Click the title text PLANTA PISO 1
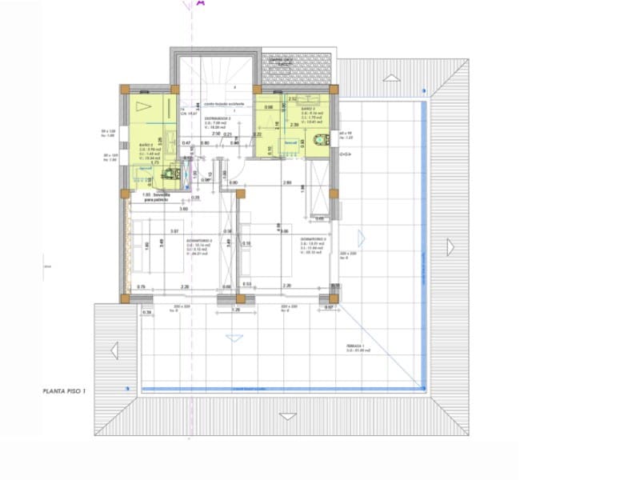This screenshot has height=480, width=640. [x=71, y=391]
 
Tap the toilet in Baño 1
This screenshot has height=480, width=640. [x=170, y=170]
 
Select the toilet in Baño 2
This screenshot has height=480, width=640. [x=320, y=140]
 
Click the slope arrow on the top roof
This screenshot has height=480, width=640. [x=390, y=78]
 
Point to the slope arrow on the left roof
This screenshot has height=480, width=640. [x=114, y=350]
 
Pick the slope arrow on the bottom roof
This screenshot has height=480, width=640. [x=286, y=416]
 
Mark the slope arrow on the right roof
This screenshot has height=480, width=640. [x=450, y=247]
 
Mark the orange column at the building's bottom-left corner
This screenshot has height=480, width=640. [x=126, y=298]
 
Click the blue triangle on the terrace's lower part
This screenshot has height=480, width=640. [x=234, y=338]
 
